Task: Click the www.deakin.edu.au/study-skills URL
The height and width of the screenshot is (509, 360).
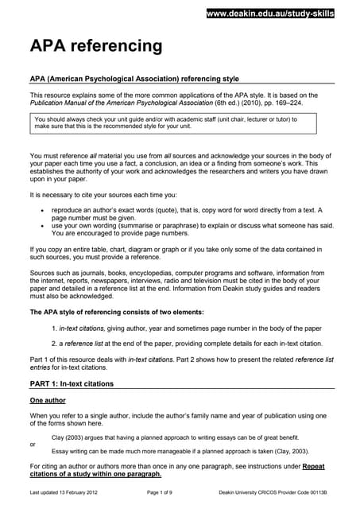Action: [269, 14]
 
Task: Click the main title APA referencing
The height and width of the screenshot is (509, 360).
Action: [95, 46]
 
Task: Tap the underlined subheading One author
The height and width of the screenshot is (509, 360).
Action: [48, 400]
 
